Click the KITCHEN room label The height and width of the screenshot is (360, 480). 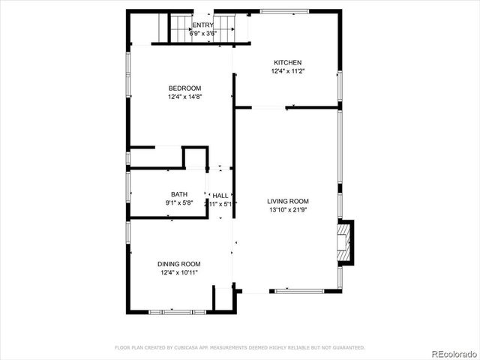287,63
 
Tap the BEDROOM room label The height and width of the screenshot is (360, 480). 185,88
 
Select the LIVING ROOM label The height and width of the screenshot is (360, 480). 288,201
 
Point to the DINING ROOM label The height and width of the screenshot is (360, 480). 179,264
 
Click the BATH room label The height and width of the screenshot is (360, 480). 179,194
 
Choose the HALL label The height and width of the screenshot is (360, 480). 220,195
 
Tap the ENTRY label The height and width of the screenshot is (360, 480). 181,25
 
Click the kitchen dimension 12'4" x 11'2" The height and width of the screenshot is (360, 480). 287,72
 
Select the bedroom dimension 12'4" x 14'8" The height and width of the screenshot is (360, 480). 185,97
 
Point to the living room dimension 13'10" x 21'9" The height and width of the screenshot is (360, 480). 288,211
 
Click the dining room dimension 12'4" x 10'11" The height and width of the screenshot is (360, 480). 179,273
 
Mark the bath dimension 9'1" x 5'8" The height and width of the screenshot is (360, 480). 179,203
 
